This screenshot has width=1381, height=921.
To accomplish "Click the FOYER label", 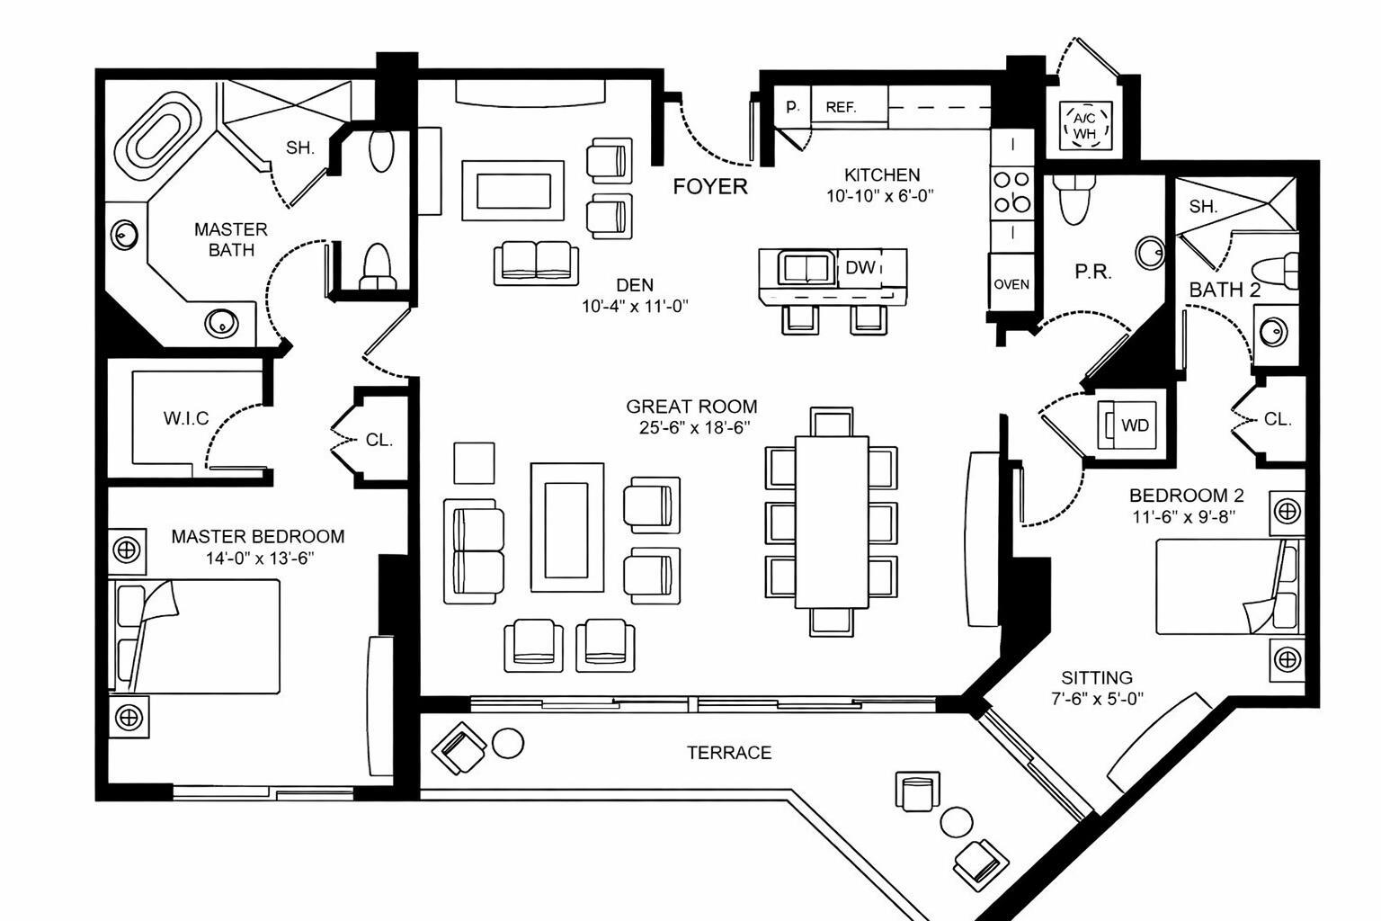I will coord(710,187).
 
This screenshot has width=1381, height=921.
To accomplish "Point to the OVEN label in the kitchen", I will coord(1011,284).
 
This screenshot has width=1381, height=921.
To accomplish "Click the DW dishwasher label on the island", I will coord(860,267).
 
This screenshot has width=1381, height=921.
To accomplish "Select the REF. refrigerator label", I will coord(841,107).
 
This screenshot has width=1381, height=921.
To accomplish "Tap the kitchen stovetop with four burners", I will coord(1011,192).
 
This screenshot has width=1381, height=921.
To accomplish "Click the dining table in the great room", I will coord(832,522).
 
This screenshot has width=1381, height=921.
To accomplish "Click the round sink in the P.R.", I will coord(1150,253).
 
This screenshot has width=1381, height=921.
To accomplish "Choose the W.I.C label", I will coord(186,418).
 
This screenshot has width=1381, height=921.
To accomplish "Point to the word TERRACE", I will coord(729,753).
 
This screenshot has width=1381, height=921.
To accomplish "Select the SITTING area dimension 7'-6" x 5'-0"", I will coord(1096,699).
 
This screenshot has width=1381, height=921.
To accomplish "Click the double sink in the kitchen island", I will coord(806,268).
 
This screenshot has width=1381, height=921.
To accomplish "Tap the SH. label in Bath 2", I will coord(1203,206).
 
